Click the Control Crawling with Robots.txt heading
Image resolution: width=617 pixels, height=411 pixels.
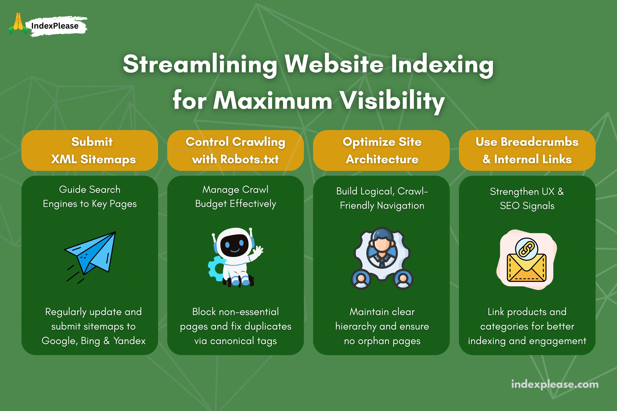tap(235, 150)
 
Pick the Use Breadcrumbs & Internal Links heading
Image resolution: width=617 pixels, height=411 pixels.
tap(527, 150)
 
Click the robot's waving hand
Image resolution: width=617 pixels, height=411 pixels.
tap(258, 251)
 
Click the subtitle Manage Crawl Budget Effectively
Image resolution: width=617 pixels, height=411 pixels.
tap(235, 197)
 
